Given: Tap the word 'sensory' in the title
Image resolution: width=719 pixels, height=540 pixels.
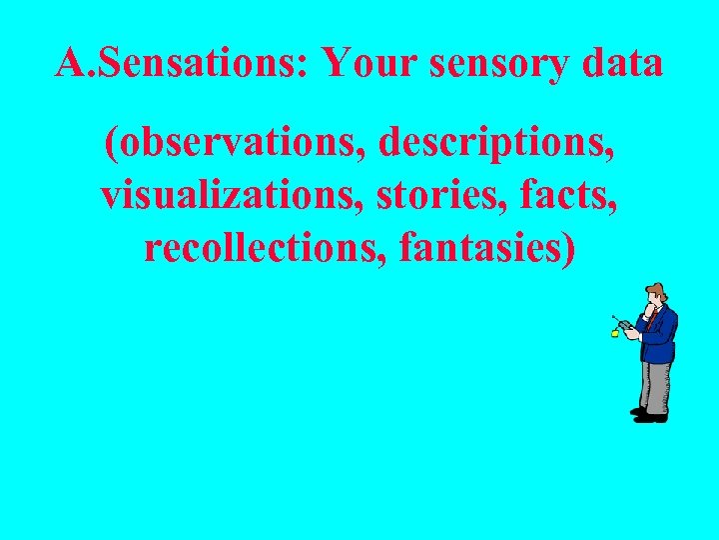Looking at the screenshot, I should [x=498, y=64].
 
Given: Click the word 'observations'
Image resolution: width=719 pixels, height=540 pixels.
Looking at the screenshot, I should [x=235, y=146].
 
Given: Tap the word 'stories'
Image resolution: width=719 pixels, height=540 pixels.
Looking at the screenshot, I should [x=424, y=195].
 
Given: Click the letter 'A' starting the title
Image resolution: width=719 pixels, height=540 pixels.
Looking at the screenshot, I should [x=69, y=64].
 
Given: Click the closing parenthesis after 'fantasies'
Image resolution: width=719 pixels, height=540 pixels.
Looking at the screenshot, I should [x=569, y=246].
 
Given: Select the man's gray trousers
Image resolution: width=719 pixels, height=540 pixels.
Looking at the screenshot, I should [x=655, y=385].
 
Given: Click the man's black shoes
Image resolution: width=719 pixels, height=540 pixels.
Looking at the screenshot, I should [x=649, y=414].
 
